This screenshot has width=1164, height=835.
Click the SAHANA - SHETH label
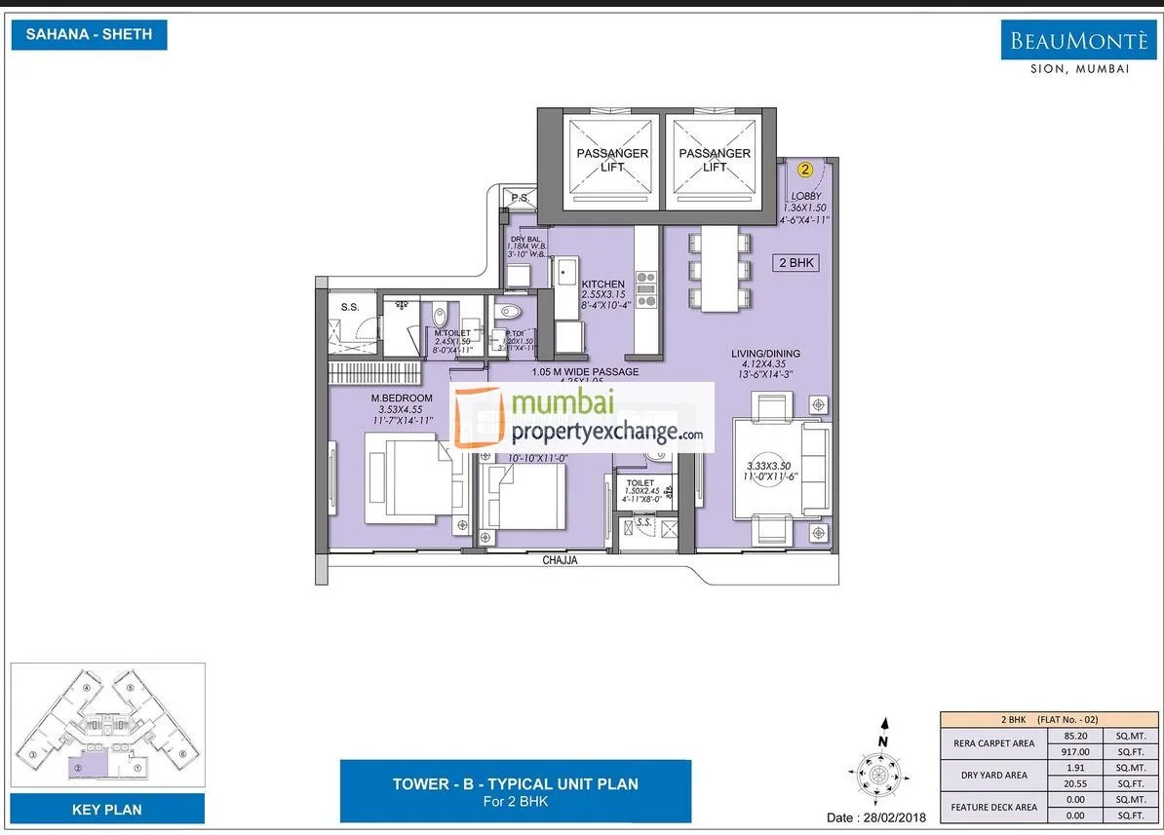point(89,35)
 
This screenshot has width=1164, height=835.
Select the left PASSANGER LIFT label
point(612,160)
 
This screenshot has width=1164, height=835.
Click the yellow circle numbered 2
point(805,169)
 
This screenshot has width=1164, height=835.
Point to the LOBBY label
point(806,197)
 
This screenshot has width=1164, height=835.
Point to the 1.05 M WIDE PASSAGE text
point(585,372)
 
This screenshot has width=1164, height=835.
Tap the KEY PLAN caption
point(107,809)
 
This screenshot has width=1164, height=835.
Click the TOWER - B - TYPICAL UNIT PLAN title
point(515,783)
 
